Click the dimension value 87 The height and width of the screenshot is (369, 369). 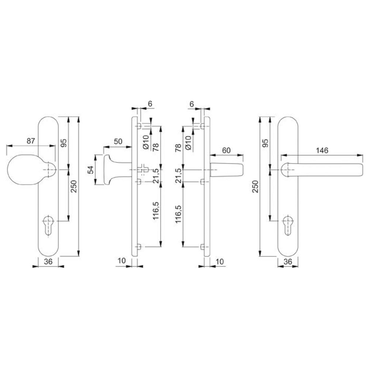31,141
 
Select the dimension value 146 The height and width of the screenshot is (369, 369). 322,150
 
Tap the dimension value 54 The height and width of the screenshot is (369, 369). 91,170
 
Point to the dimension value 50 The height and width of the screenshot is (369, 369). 118,141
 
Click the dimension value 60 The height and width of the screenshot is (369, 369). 226,150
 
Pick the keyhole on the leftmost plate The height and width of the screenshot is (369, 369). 49,225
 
